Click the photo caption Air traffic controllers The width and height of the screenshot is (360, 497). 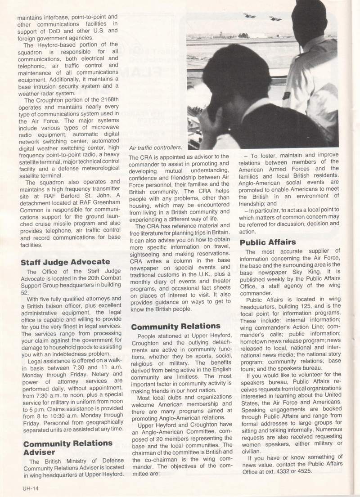click(x=155, y=147)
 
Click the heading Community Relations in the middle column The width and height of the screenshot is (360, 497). click(x=169, y=326)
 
